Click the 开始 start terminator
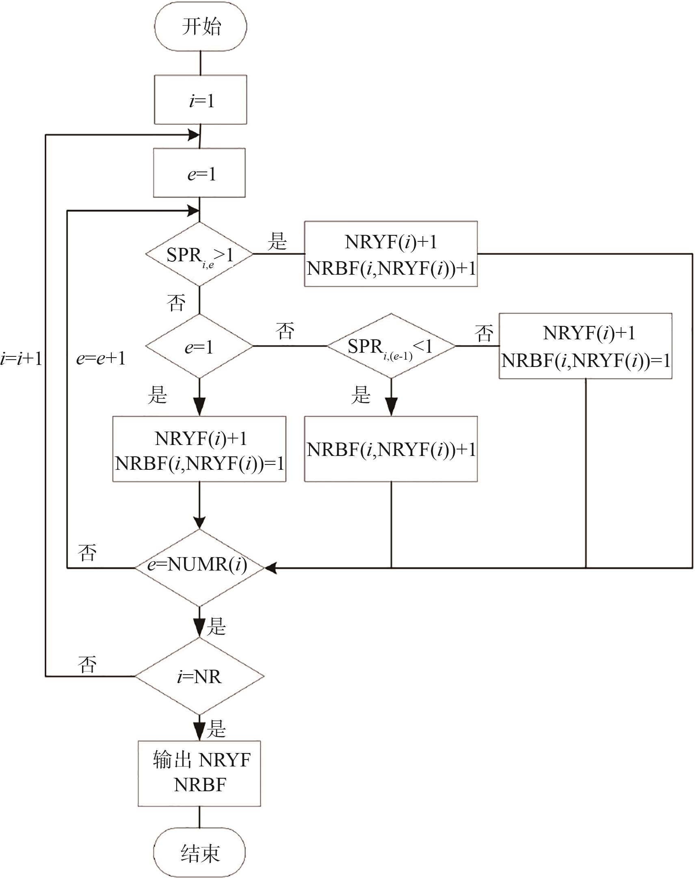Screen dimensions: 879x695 pyautogui.click(x=200, y=27)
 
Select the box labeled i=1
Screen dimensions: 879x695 pyautogui.click(x=200, y=100)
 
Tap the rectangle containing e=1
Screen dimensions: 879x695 pyautogui.click(x=199, y=173)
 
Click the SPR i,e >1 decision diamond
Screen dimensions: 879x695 pyautogui.click(x=199, y=254)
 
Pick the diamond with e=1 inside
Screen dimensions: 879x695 pyautogui.click(x=199, y=347)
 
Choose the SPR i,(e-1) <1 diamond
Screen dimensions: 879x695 pyautogui.click(x=391, y=347)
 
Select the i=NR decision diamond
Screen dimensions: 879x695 pyautogui.click(x=199, y=676)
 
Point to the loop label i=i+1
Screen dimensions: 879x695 pyautogui.click(x=21, y=359)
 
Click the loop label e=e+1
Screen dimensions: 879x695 pyautogui.click(x=100, y=359)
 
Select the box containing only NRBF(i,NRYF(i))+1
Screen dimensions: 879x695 pyautogui.click(x=391, y=449)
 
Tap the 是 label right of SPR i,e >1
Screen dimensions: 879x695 pyautogui.click(x=277, y=241)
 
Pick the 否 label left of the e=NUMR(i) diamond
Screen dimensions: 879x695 pyautogui.click(x=87, y=553)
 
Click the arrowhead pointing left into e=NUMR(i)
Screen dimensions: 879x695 pyautogui.click(x=271, y=567)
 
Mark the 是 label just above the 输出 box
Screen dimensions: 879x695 pyautogui.click(x=217, y=729)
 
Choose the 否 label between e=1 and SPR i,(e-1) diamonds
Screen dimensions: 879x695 pyautogui.click(x=285, y=331)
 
